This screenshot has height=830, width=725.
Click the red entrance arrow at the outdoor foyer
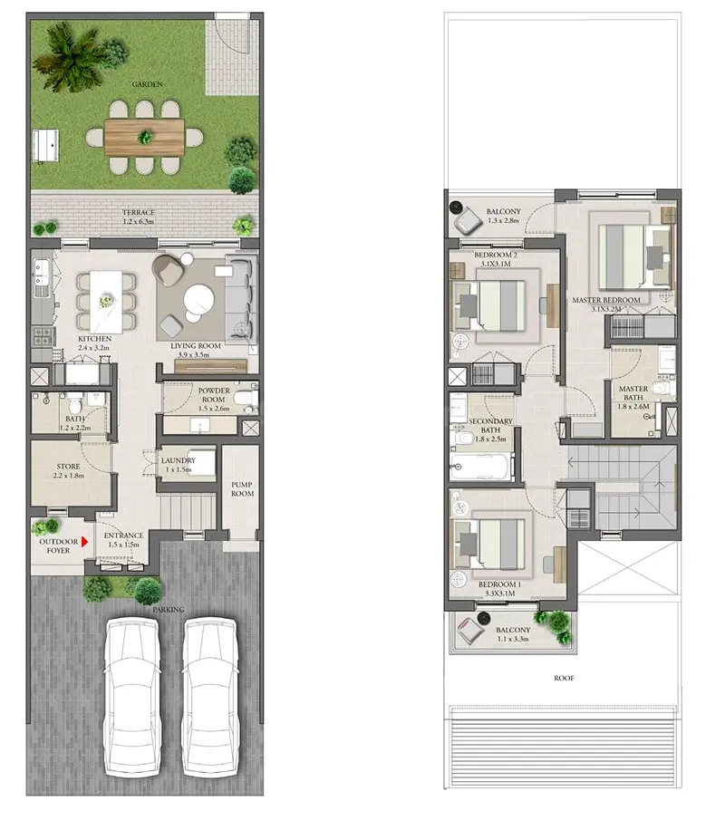pos(83,542)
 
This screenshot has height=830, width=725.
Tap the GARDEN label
pos(145,83)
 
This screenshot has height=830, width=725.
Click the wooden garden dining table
pos(144,137)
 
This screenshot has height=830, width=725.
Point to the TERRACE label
pos(139,213)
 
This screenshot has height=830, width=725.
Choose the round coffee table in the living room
pos(198,299)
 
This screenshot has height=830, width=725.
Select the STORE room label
pos(68,468)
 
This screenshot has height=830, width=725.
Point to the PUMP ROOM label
pos(241,489)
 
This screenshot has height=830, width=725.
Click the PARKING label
pos(169,610)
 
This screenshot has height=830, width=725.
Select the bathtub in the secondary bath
pos(482,467)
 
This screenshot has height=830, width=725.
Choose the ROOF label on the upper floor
pos(565,677)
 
